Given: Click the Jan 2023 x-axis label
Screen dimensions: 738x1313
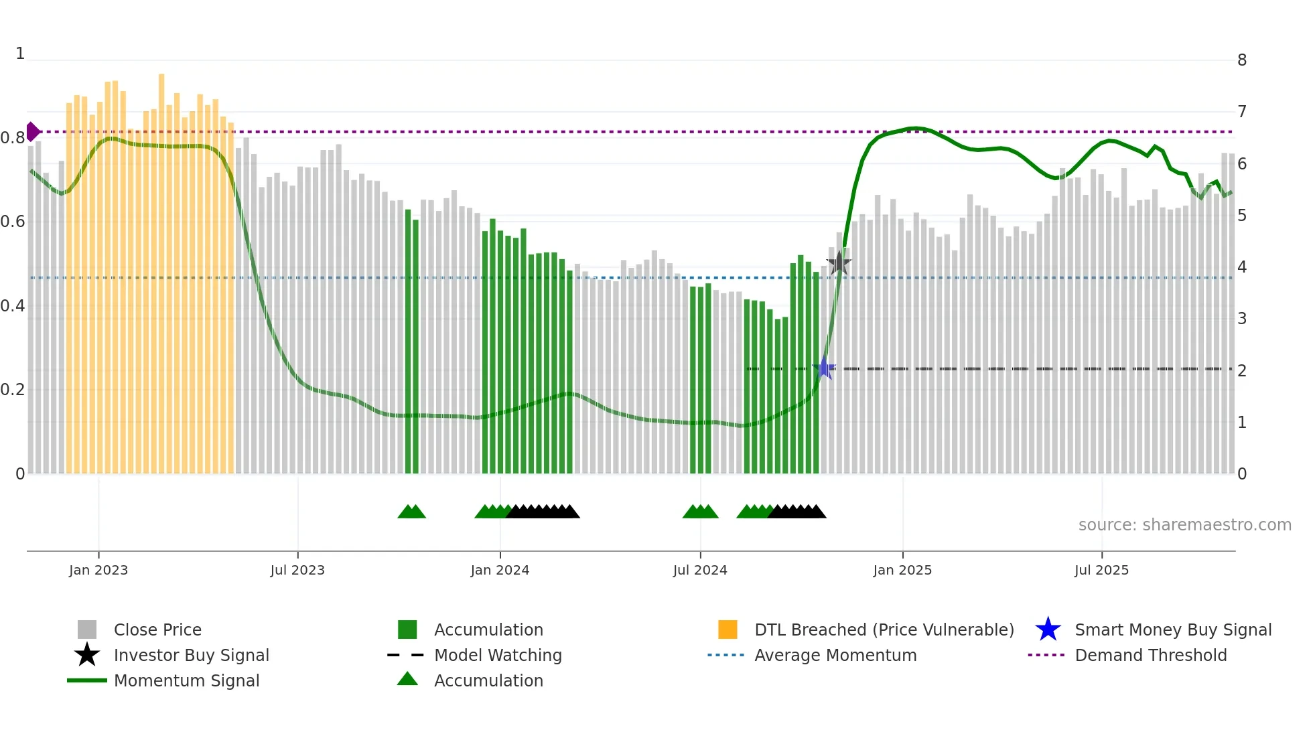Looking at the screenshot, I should click(x=98, y=570).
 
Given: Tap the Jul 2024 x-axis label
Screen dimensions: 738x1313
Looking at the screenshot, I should click(x=700, y=570).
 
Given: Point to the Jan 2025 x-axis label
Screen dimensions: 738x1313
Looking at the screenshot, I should click(x=902, y=570).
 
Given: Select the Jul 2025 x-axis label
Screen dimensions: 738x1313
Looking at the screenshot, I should click(x=1101, y=570).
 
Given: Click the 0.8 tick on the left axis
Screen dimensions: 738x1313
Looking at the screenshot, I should click(x=13, y=138).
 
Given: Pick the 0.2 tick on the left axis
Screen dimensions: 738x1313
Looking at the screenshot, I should click(x=13, y=390).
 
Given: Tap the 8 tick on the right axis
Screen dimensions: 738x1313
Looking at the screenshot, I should click(x=1242, y=60).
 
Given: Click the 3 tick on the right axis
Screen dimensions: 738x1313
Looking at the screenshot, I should click(x=1242, y=319).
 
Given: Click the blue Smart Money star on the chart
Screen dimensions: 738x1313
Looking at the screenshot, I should click(x=825, y=368).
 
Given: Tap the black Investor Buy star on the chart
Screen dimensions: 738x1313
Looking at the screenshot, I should click(x=839, y=263).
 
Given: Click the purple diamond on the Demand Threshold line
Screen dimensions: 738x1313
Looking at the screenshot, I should click(x=32, y=132).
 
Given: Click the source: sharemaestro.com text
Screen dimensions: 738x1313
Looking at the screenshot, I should click(x=1184, y=525).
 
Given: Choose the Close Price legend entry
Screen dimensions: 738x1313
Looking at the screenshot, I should click(x=157, y=630).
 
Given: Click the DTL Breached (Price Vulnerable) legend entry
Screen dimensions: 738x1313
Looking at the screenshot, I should click(x=884, y=630).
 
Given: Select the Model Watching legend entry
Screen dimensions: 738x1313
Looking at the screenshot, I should click(x=498, y=655).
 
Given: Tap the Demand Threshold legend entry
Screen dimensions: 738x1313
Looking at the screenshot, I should click(x=1150, y=655).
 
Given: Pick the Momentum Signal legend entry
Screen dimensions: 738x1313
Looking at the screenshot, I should click(x=186, y=680).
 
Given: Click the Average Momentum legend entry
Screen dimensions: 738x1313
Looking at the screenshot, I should click(x=835, y=655).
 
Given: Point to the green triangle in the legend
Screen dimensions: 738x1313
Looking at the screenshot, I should click(x=407, y=679).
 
